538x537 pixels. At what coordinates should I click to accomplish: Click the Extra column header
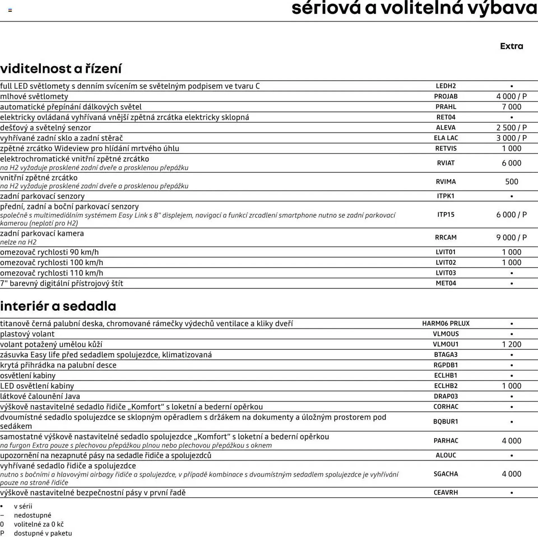pyautogui.click(x=511, y=46)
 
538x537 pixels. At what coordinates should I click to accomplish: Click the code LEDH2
pyautogui.click(x=446, y=86)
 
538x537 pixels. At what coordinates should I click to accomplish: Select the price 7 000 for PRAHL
pyautogui.click(x=511, y=107)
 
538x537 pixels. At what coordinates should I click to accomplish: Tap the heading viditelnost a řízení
pyautogui.click(x=61, y=69)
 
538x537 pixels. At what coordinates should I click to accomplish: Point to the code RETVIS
pyautogui.click(x=446, y=148)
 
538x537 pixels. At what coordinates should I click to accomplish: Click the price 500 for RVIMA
pyautogui.click(x=511, y=182)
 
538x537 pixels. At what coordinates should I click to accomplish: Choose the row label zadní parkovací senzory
pyautogui.click(x=42, y=196)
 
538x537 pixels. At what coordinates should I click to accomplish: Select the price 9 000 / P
pyautogui.click(x=511, y=237)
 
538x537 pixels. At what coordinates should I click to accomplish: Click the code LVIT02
pyautogui.click(x=446, y=263)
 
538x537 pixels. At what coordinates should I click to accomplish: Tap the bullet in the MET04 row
pyautogui.click(x=511, y=283)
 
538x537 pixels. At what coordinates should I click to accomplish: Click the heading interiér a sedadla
pyautogui.click(x=58, y=306)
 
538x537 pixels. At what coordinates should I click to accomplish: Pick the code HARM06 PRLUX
pyautogui.click(x=446, y=323)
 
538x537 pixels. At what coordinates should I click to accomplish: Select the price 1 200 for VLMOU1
pyautogui.click(x=511, y=344)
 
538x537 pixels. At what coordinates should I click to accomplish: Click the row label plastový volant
pyautogui.click(x=27, y=334)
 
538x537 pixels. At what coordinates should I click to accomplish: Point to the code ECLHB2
pyautogui.click(x=446, y=386)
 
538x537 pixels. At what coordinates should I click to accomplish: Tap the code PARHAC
pyautogui.click(x=446, y=441)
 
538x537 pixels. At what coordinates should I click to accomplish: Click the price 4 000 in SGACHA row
pyautogui.click(x=511, y=474)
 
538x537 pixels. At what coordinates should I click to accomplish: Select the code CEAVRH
pyautogui.click(x=446, y=492)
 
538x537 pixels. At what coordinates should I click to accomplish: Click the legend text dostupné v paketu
pyautogui.click(x=43, y=533)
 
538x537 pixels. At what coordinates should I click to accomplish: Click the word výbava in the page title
pyautogui.click(x=502, y=8)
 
